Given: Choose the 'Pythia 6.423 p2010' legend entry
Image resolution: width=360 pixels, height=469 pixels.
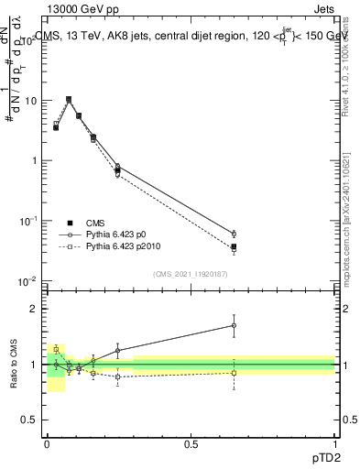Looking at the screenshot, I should (115, 246).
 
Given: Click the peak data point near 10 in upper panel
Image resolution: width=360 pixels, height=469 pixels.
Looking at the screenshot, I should (69, 99).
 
